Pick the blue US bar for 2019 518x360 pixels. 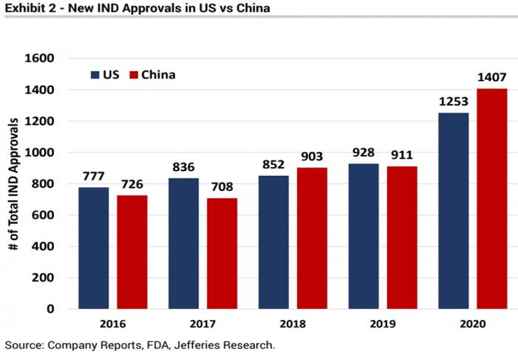click(363, 236)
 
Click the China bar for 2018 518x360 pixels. click(312, 238)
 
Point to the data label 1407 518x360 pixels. click(492, 78)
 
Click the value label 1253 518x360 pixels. click(454, 102)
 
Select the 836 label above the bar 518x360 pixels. click(184, 168)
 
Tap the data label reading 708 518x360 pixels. click(222, 188)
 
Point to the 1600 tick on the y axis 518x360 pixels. click(40, 59)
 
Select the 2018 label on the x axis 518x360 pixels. click(292, 324)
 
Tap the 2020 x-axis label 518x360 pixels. click(472, 324)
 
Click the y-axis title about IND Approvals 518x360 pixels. click(13, 183)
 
